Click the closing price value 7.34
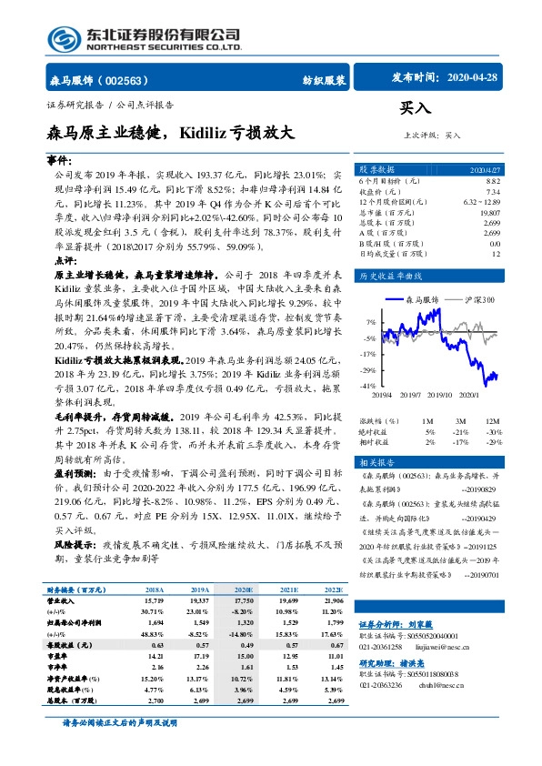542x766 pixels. (x=493, y=192)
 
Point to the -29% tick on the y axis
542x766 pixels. (x=368, y=370)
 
